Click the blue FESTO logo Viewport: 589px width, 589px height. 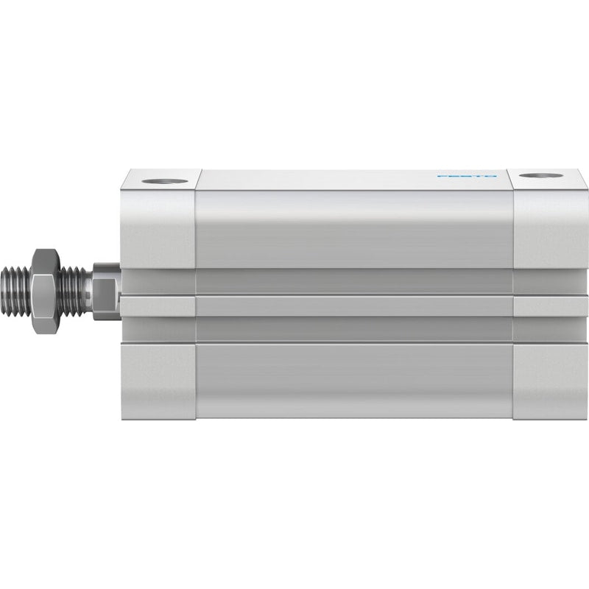[467, 176]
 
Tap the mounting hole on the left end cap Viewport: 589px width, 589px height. [165, 181]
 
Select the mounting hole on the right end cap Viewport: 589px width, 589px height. [542, 175]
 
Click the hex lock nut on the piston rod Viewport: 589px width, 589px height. [46, 292]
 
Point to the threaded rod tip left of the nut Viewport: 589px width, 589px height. [16, 292]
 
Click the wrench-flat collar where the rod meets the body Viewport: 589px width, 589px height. [107, 292]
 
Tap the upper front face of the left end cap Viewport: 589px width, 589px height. [158, 229]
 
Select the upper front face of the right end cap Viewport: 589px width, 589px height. [551, 229]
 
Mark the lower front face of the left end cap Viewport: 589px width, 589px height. [158, 381]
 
